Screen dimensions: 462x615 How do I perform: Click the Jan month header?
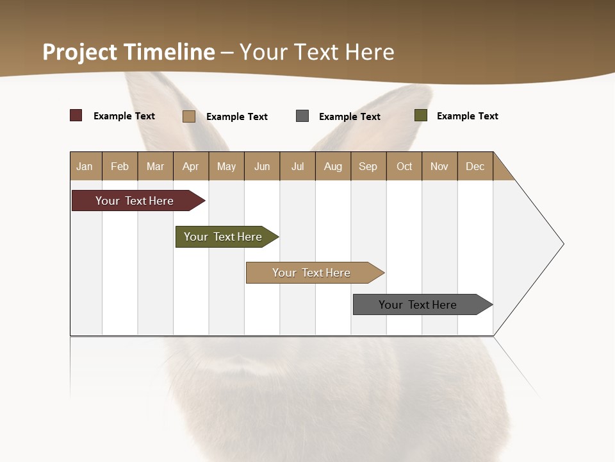(85, 166)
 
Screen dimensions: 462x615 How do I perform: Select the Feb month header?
(120, 166)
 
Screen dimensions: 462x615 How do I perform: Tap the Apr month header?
(190, 166)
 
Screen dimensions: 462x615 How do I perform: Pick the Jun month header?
(262, 166)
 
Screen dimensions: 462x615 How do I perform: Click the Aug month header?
(332, 166)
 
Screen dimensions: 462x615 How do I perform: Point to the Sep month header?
(368, 166)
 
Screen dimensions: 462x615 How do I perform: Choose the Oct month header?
(404, 166)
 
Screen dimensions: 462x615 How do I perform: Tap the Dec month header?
(475, 166)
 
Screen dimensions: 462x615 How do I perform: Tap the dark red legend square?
(76, 116)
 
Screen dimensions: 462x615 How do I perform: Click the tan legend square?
(189, 116)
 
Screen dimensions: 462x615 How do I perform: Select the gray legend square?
(302, 116)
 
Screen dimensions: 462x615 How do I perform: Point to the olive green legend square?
(421, 116)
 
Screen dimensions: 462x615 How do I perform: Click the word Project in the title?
(79, 52)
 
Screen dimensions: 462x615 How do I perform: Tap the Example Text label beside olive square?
(467, 116)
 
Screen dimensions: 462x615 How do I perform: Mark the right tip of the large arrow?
(562, 244)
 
